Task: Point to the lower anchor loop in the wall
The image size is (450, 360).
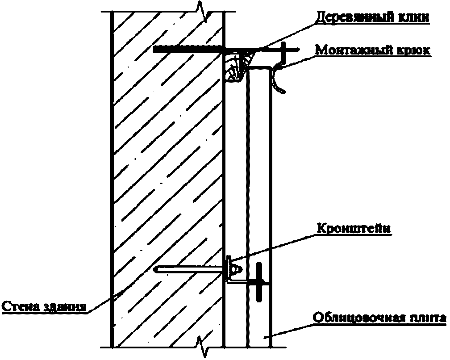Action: point(187,269)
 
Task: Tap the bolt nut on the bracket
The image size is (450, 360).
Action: point(236,269)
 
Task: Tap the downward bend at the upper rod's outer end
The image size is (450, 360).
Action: point(284,54)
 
